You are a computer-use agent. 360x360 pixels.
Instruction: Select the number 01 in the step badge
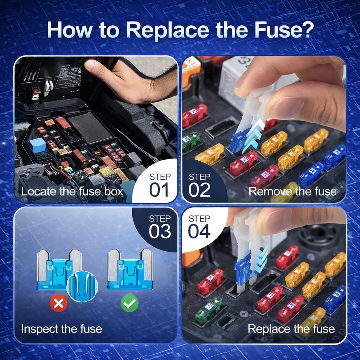(x=160, y=190)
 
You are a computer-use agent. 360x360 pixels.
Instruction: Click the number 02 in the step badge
(x=199, y=190)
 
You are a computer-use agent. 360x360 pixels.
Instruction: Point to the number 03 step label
(x=160, y=231)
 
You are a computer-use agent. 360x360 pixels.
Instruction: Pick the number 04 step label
(x=199, y=231)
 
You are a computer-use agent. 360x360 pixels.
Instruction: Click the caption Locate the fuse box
(x=72, y=192)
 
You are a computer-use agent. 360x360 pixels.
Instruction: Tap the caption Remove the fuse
(x=292, y=192)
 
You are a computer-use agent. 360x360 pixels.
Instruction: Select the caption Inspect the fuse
(x=62, y=329)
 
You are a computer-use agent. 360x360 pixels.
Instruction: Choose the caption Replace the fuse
(x=291, y=329)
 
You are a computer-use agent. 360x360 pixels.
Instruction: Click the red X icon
(x=58, y=303)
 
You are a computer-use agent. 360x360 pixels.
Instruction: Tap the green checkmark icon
(x=129, y=303)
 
